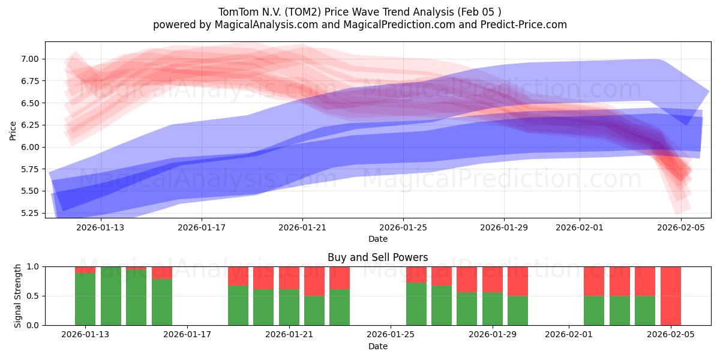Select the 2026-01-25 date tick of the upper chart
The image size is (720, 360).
tap(403, 227)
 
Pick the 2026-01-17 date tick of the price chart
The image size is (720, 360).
tap(202, 227)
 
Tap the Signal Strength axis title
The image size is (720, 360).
tap(18, 296)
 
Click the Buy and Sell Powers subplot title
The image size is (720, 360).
tap(377, 257)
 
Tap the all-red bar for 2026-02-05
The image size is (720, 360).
tap(671, 296)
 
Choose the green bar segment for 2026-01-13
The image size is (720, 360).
tap(85, 299)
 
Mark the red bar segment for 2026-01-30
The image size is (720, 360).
tap(518, 281)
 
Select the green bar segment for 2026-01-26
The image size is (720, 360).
tap(416, 304)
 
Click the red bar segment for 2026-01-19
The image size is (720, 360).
tap(238, 275)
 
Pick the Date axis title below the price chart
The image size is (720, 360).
tap(377, 239)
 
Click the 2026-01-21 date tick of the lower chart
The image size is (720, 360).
tap(289, 334)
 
